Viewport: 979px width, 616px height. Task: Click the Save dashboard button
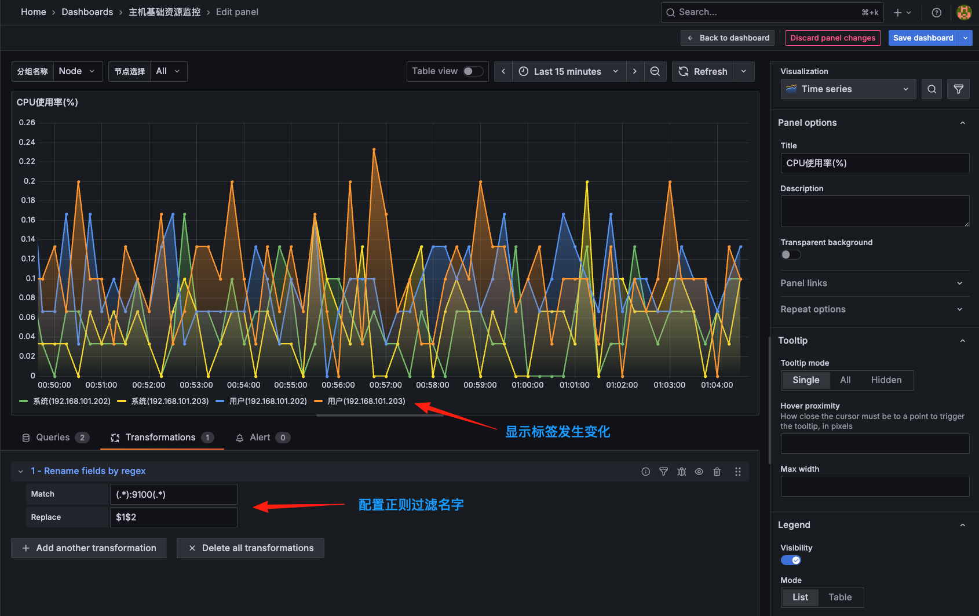(x=923, y=38)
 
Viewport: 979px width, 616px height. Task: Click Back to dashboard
(x=728, y=38)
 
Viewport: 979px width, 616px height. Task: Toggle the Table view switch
(x=473, y=71)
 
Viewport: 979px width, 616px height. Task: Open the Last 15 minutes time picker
(x=568, y=72)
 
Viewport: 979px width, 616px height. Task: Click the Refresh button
(x=703, y=72)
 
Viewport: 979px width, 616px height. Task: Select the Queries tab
(x=53, y=438)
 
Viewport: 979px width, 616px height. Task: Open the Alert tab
(x=260, y=438)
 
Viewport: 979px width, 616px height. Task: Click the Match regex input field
(x=173, y=494)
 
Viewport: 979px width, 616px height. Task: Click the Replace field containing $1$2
(x=173, y=517)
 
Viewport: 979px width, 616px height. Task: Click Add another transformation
(x=89, y=548)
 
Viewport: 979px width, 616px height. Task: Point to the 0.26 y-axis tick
(x=27, y=123)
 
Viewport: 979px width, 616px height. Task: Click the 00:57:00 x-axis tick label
(x=386, y=385)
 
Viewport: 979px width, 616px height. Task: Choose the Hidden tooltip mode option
(x=886, y=380)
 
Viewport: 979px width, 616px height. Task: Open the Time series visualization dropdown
(x=848, y=89)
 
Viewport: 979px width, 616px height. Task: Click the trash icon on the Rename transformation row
(x=717, y=472)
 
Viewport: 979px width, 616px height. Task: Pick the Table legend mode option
(x=839, y=597)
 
